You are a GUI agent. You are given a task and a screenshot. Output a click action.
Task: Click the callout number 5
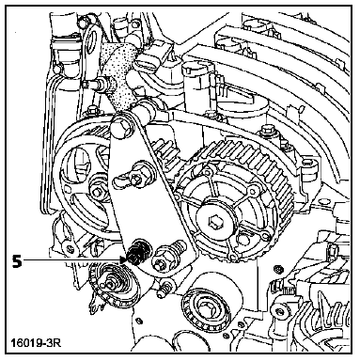click(17, 261)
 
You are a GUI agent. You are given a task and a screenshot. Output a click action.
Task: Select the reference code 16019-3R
click(36, 342)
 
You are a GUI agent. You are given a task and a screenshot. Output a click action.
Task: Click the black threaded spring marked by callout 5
click(138, 252)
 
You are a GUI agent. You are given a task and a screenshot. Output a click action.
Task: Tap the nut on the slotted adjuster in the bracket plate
click(136, 180)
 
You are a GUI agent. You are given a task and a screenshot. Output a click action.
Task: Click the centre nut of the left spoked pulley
click(96, 192)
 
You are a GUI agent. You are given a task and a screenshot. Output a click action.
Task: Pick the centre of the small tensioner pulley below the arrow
click(111, 284)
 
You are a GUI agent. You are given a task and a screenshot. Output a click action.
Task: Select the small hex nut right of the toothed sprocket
click(277, 269)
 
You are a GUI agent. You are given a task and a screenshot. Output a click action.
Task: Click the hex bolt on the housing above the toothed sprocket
click(267, 129)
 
